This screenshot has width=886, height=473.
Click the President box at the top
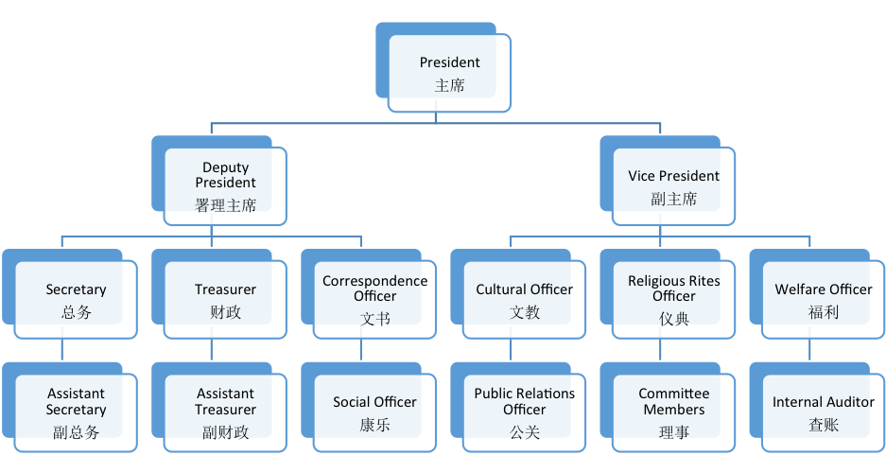450,74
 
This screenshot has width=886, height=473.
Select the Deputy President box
225,185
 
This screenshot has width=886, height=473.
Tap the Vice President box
673,185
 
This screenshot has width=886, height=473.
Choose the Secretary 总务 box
76,299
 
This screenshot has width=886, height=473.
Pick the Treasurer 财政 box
225,299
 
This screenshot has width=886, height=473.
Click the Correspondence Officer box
374,299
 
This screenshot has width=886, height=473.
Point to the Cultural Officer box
524,299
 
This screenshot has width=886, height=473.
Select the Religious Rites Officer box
673,299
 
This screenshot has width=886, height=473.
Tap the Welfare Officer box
823,299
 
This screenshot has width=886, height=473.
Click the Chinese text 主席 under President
450,85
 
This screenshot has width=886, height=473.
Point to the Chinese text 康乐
374,425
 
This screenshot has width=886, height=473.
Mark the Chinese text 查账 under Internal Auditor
823,425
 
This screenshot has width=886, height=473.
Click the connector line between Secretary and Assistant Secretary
61,349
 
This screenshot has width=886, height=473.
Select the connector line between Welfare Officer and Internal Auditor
809,349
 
